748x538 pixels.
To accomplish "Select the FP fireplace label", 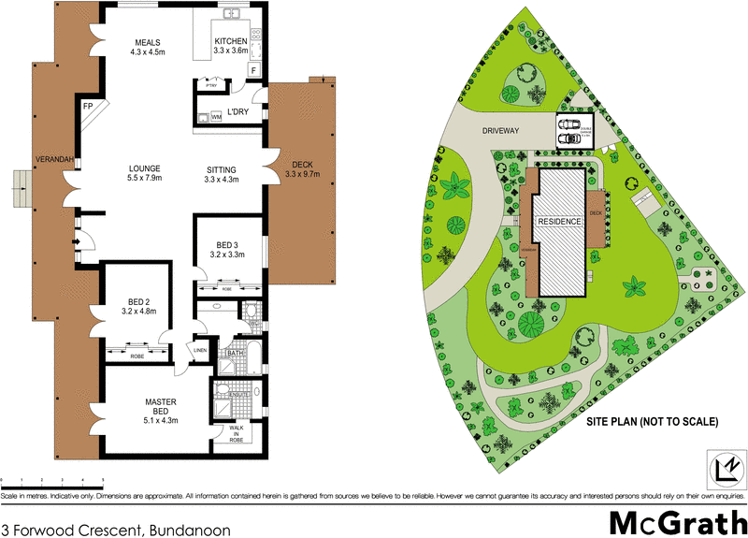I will point(88,107).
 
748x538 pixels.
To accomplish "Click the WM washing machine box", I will point(216,117).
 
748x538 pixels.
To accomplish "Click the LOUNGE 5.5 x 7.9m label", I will point(145,174).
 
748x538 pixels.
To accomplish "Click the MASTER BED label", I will point(160,408).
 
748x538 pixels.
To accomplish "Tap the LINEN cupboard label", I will point(199,350).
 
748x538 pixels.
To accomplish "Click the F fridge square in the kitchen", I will point(252,69).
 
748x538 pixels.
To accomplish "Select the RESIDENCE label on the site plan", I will point(560,221).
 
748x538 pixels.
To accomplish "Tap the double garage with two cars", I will point(574,132).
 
